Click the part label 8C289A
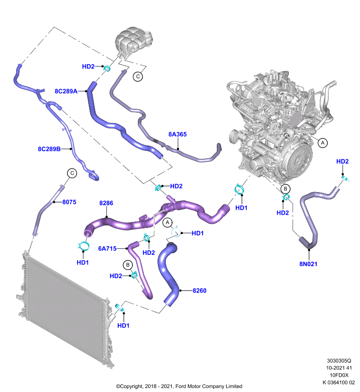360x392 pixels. [66, 91]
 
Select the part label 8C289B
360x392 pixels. [49, 149]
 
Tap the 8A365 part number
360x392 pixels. [178, 134]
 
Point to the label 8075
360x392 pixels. [69, 202]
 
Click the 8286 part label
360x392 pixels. [106, 203]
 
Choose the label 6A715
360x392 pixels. [107, 248]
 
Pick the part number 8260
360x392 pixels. [200, 291]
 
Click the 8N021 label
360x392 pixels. [308, 264]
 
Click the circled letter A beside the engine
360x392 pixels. [323, 143]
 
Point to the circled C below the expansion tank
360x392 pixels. [138, 76]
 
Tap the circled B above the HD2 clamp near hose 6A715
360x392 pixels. [128, 265]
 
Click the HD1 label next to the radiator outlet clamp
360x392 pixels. [123, 325]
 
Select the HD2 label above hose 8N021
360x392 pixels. [342, 162]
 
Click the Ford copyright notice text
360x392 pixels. [179, 386]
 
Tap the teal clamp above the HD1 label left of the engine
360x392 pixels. [239, 189]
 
